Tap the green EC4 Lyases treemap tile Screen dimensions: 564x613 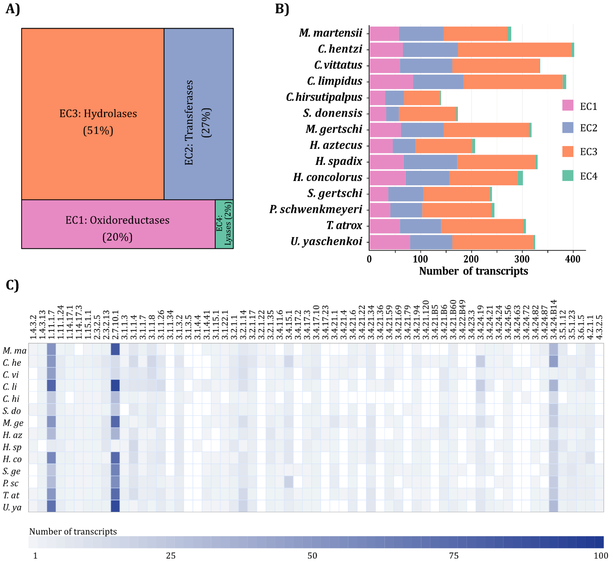[224, 224]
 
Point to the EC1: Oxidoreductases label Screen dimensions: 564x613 [117, 220]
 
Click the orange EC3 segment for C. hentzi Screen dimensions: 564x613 [514, 50]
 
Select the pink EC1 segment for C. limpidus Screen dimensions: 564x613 [391, 82]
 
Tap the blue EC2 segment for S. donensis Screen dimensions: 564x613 [392, 114]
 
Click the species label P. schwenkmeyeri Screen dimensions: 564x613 [316, 209]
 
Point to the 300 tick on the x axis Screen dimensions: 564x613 [522, 259]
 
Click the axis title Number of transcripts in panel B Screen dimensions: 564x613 [473, 271]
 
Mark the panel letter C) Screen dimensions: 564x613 [12, 285]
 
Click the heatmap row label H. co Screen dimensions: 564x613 [12, 459]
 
